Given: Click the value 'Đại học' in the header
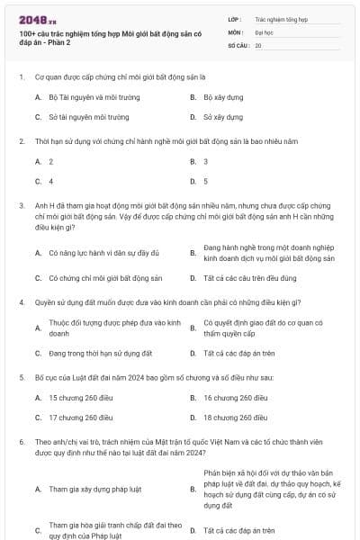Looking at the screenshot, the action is pos(264,31).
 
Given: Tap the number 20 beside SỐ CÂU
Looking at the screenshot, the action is pos(258,44).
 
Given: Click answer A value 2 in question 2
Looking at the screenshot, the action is pos(51,161).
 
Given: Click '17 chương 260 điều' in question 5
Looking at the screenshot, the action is pos(81,418).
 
